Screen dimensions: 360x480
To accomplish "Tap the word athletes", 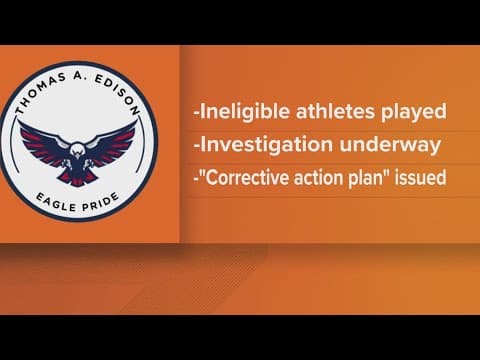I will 321,105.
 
